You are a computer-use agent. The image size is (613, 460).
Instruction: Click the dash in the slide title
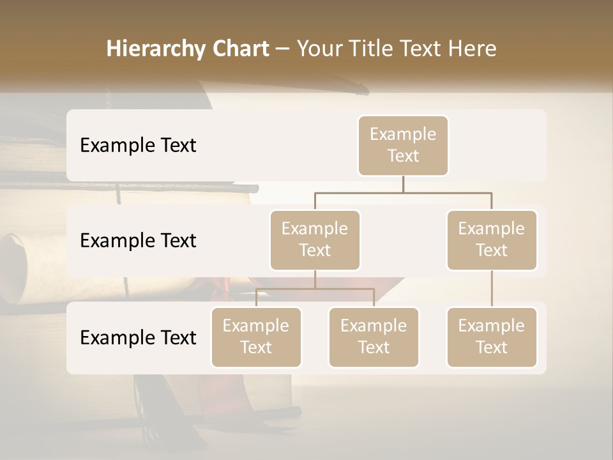(x=282, y=50)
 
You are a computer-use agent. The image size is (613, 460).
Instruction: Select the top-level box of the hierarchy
(x=403, y=146)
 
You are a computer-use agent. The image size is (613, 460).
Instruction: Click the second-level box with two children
(x=315, y=240)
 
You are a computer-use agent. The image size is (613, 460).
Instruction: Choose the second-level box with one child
(x=492, y=240)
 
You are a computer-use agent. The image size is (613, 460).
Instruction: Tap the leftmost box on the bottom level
(x=256, y=337)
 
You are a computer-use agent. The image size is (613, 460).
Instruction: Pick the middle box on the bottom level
(x=374, y=337)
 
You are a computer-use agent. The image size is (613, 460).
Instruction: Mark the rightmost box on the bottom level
(x=492, y=337)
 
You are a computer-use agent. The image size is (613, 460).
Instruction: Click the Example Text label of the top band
(x=138, y=146)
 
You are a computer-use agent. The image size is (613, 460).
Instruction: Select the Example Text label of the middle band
(x=138, y=241)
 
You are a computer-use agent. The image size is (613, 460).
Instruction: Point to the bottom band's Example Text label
(x=138, y=338)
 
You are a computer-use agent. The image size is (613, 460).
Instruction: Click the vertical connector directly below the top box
(x=403, y=184)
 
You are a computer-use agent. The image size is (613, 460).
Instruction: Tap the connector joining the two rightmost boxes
(x=492, y=289)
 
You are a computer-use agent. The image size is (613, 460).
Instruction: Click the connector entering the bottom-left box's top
(x=256, y=298)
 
